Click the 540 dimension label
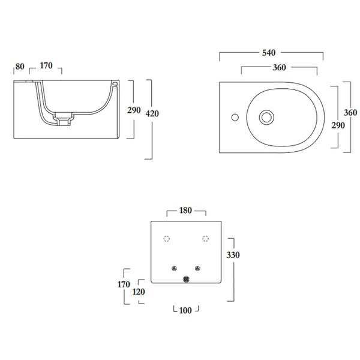[x=269, y=53]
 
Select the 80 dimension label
[x=20, y=67]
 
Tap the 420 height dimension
[x=152, y=113]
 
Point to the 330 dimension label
[x=233, y=255]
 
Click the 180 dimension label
[x=185, y=211]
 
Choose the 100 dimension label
[x=185, y=310]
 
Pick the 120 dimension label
[x=139, y=292]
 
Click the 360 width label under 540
[x=279, y=67]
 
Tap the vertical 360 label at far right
[x=350, y=113]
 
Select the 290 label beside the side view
[x=134, y=110]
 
